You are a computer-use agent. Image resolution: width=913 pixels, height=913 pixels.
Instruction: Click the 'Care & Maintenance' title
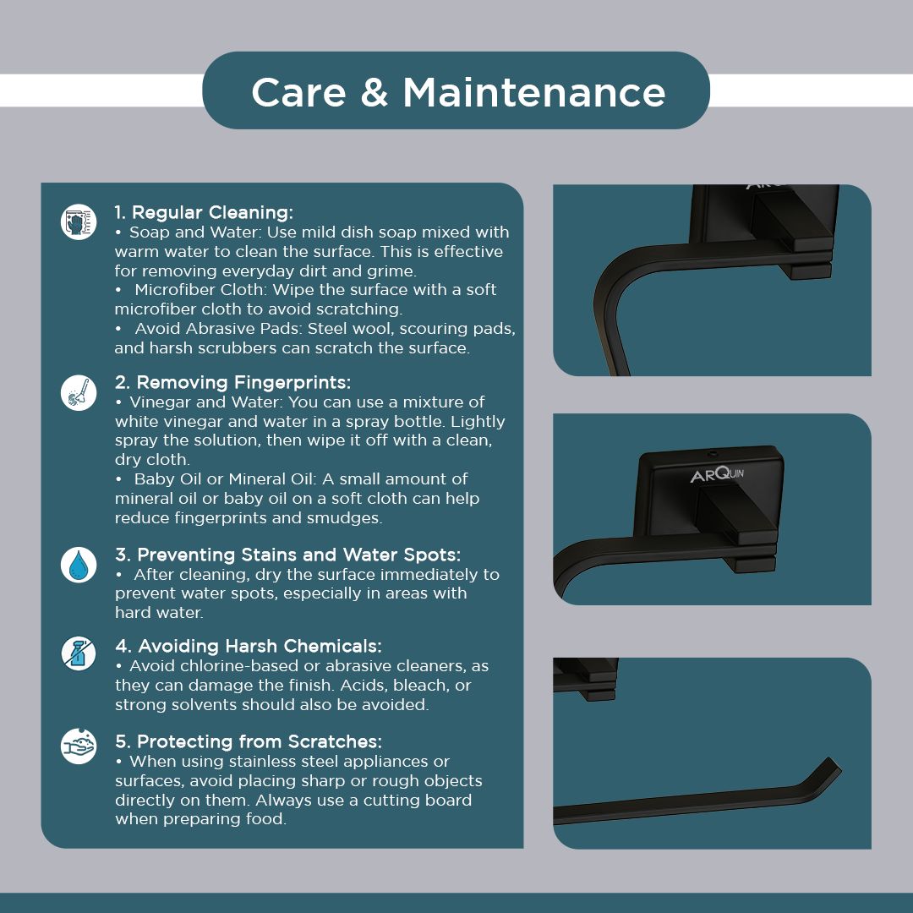(x=458, y=92)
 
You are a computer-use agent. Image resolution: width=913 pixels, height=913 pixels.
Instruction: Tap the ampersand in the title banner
(x=374, y=92)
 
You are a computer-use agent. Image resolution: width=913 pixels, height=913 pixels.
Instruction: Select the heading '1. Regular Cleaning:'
(x=204, y=212)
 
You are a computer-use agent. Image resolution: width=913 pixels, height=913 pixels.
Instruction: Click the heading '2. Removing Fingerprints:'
(x=233, y=382)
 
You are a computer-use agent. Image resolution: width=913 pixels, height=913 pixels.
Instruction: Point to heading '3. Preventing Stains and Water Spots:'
(x=287, y=555)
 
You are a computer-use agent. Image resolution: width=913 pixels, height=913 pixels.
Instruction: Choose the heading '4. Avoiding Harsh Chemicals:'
(x=248, y=646)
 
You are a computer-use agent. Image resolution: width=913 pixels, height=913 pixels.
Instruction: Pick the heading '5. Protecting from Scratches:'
(x=249, y=741)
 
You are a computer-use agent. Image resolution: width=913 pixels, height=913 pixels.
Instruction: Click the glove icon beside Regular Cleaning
(x=79, y=221)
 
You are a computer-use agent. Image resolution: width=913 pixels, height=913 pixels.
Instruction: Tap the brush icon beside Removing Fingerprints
(x=79, y=392)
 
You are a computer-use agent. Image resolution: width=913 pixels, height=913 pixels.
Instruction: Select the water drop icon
(x=79, y=565)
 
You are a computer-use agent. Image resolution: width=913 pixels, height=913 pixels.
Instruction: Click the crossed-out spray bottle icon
(x=79, y=653)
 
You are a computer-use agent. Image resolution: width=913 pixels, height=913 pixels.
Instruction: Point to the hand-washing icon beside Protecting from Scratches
(x=79, y=746)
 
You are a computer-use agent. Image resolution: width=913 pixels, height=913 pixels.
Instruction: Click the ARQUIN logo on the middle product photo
(x=717, y=474)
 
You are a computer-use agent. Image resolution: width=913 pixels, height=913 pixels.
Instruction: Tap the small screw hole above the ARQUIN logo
(x=713, y=453)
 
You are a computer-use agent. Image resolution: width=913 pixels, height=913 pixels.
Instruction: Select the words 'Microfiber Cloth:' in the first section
(x=201, y=290)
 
